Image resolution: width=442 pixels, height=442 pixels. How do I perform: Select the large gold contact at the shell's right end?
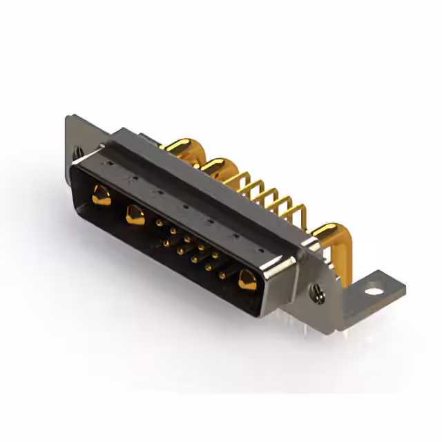(247, 280)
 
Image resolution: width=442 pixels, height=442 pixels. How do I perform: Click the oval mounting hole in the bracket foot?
(374, 290)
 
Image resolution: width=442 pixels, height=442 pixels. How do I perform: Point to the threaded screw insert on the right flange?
(318, 294)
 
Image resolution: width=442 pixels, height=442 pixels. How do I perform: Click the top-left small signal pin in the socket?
(160, 222)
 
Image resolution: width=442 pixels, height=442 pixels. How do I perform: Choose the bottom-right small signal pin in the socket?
(222, 276)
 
